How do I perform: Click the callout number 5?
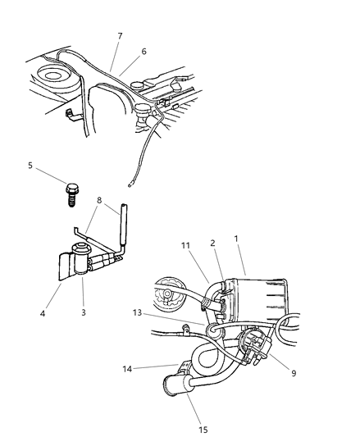(x=31, y=166)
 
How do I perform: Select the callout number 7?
(x=120, y=37)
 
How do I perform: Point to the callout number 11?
(x=186, y=244)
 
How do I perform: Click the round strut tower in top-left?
(x=54, y=80)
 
